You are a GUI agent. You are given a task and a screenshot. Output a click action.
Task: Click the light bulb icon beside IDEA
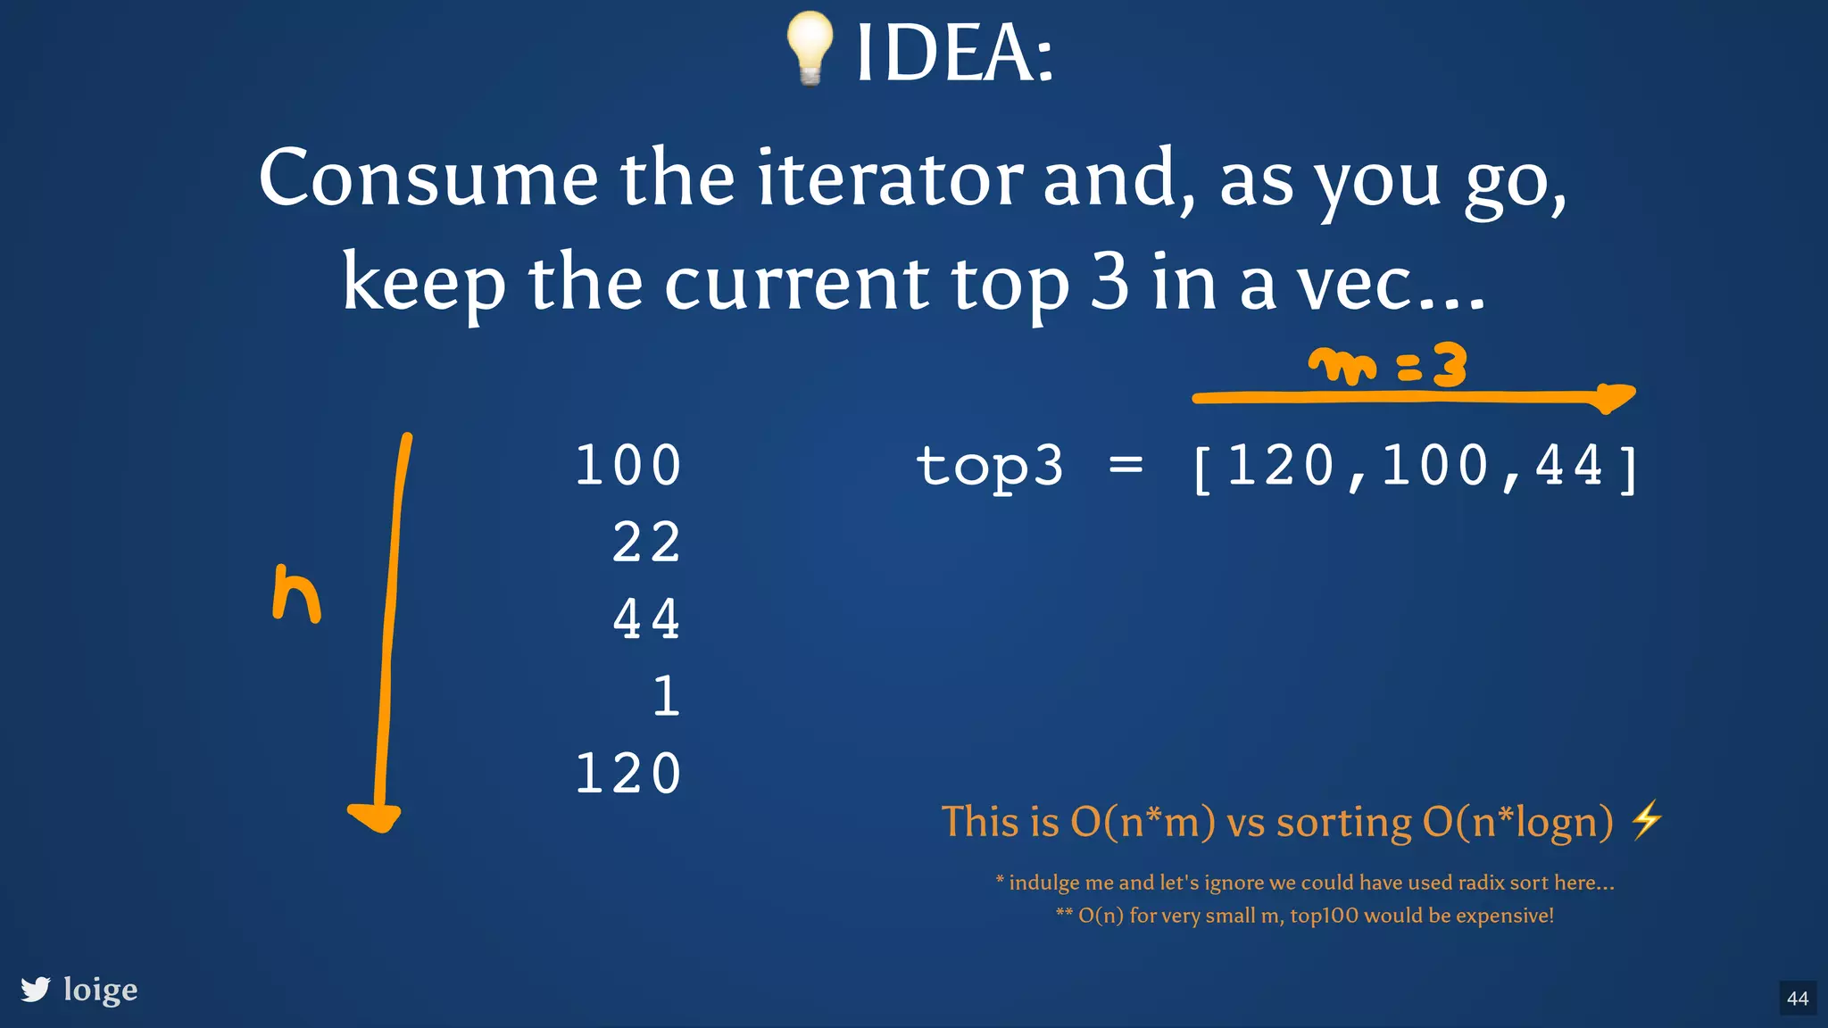810,48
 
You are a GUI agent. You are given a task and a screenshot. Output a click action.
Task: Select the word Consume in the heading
428,178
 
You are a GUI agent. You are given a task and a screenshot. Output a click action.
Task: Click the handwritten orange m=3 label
1388,366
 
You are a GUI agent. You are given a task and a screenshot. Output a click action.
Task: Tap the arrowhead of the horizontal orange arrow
1615,397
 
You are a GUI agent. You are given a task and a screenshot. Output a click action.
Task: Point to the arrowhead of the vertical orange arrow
375,817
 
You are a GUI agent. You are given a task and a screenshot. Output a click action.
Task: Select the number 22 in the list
646,542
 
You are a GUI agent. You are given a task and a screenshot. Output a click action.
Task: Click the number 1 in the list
666,696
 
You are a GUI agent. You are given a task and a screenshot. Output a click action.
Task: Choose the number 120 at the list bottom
628,773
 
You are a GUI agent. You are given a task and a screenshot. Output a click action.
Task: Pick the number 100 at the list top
628,465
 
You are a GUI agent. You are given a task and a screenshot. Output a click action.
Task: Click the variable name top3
990,467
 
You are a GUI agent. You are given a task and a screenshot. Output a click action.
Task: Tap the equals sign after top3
1126,465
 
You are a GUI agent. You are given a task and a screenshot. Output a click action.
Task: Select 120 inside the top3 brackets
1281,465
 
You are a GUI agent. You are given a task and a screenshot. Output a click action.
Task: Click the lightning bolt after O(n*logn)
1646,820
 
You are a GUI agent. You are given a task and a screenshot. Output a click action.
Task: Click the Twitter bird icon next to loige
36,989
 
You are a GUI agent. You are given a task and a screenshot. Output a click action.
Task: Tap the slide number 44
1798,999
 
